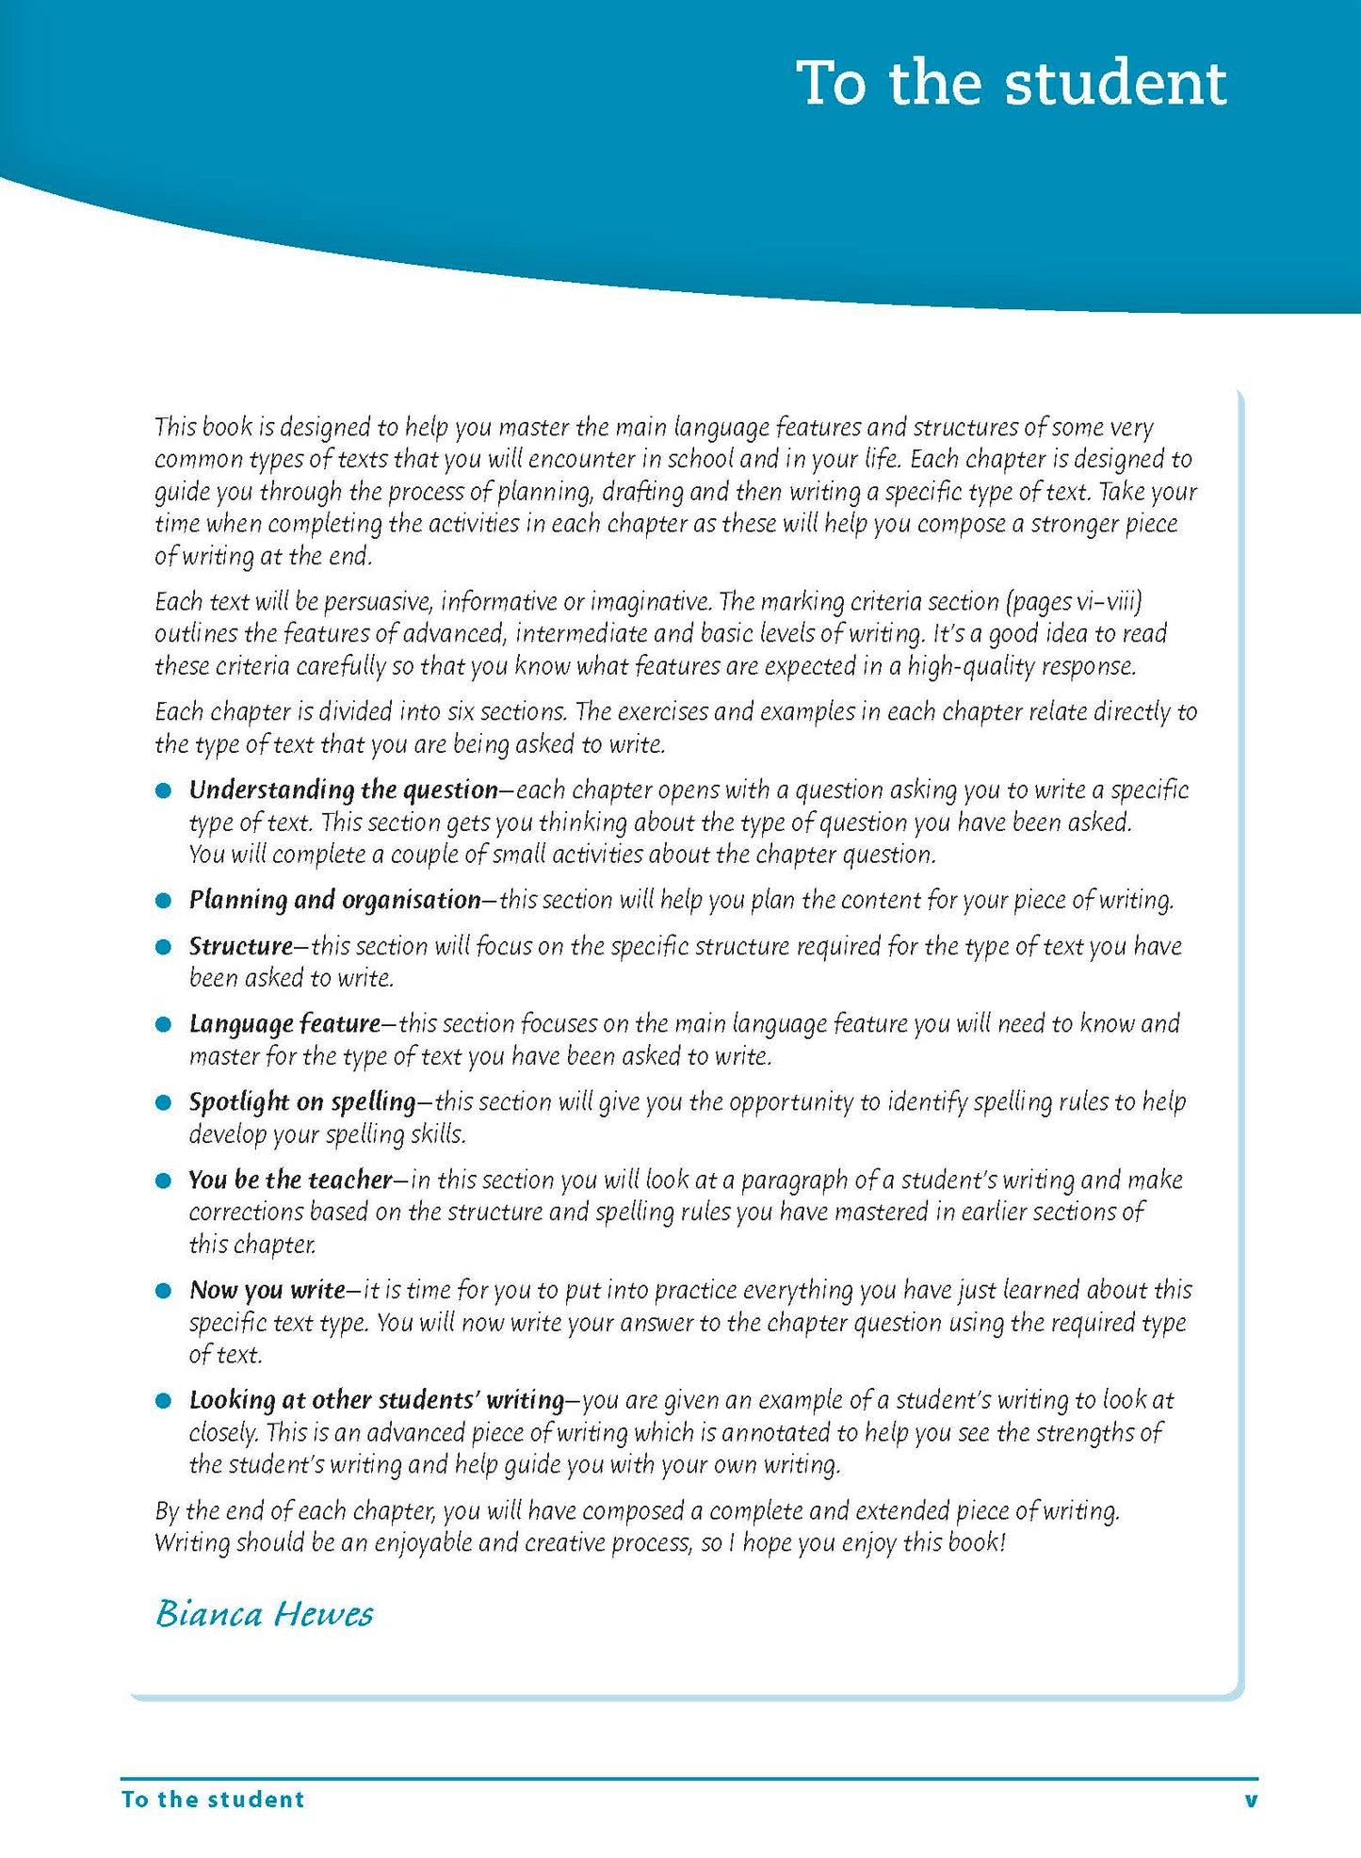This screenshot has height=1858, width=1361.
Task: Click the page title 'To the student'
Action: coord(1011,84)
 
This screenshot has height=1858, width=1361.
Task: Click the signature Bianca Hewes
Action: coord(265,1614)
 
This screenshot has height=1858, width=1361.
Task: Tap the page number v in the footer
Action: coord(1250,1799)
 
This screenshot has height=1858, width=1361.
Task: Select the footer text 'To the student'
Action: coord(213,1799)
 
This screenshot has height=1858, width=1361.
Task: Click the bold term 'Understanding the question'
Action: coord(343,790)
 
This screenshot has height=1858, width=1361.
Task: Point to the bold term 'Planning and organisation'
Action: coord(334,900)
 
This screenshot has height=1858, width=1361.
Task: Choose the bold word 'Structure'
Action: coord(241,946)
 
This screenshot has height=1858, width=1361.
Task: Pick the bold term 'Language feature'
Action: coord(284,1023)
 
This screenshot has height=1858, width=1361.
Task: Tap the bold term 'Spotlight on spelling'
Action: coord(302,1101)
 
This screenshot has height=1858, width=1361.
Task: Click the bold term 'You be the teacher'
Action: coord(290,1180)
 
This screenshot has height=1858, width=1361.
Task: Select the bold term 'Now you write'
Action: coord(267,1290)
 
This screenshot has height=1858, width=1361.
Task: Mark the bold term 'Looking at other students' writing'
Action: coord(376,1400)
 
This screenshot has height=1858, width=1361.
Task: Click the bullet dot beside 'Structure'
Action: coord(164,947)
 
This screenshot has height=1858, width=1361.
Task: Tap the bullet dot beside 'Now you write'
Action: coord(164,1291)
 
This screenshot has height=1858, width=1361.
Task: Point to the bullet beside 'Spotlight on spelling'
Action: coord(164,1102)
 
